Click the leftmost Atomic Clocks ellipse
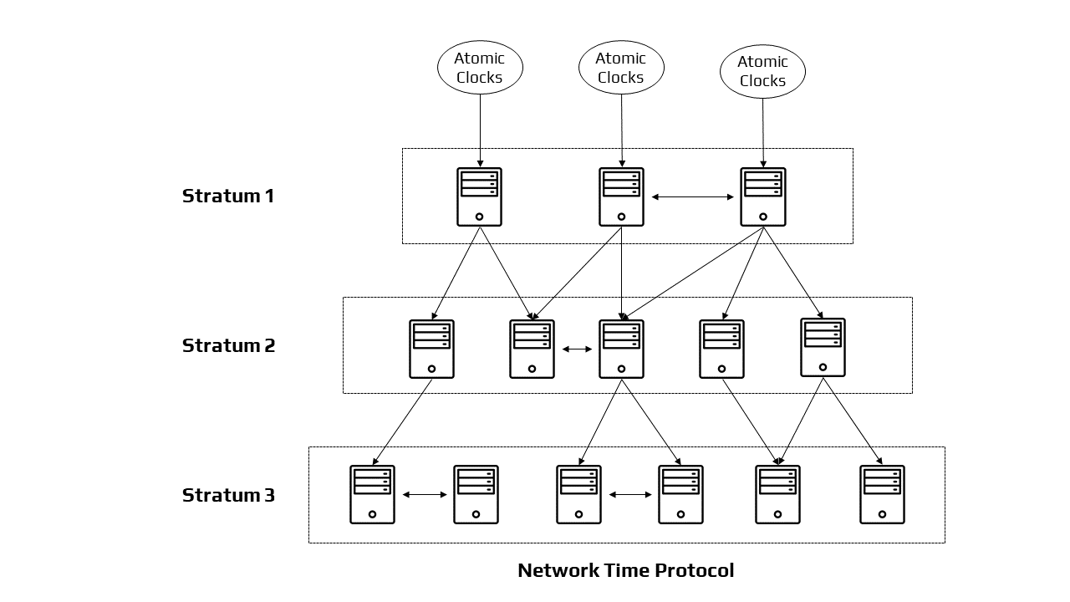480,69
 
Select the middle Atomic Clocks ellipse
621,68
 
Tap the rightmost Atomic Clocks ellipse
762,72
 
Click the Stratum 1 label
228,196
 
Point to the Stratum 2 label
228,345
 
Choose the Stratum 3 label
228,495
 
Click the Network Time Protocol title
625,570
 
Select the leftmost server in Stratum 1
479,197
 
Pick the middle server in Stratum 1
621,197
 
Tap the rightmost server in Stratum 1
762,197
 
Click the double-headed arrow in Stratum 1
692,197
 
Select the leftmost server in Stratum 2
431,349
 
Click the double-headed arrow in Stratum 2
577,349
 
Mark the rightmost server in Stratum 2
823,347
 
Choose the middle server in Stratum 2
621,349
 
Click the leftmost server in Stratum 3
372,495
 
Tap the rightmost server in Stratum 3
882,495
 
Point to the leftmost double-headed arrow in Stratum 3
425,495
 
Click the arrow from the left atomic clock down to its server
480,130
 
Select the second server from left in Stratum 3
476,495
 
